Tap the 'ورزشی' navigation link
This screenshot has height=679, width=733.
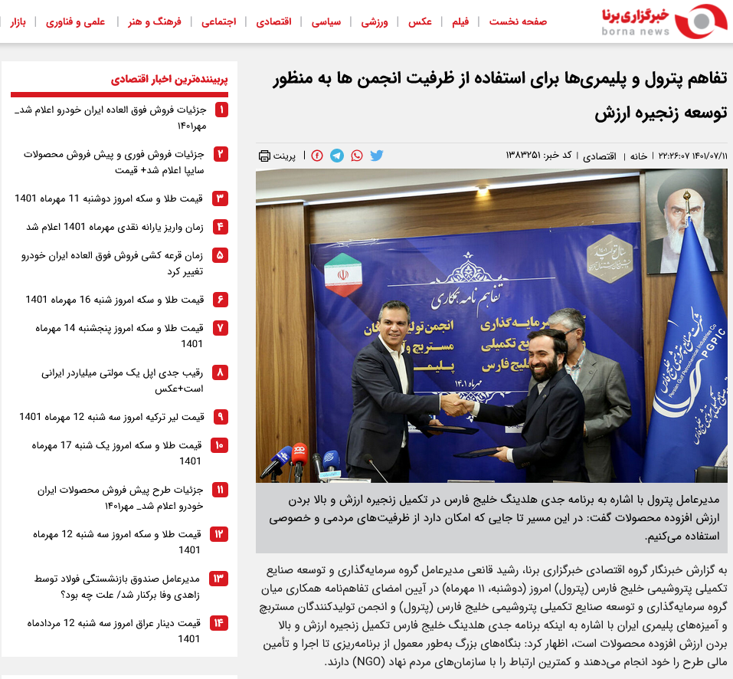[x=376, y=21]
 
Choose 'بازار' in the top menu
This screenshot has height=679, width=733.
[x=18, y=21]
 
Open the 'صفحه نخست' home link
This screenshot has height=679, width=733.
[x=519, y=21]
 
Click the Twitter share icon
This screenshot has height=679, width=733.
[x=377, y=156]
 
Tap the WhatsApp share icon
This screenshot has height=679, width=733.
[x=357, y=156]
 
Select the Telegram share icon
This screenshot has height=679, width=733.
[x=337, y=156]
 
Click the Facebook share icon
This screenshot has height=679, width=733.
[x=317, y=156]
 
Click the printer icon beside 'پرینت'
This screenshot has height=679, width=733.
[x=264, y=156]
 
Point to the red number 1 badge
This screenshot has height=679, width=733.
[x=221, y=110]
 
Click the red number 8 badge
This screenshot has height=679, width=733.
[x=221, y=372]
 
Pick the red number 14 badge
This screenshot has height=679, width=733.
[x=220, y=622]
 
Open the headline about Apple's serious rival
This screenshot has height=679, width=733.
[x=122, y=381]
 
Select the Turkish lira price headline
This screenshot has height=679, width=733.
[x=112, y=417]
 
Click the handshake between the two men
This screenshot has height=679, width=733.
[x=457, y=404]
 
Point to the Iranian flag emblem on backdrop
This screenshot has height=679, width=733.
[x=342, y=274]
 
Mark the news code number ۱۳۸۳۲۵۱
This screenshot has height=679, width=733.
[x=523, y=156]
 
